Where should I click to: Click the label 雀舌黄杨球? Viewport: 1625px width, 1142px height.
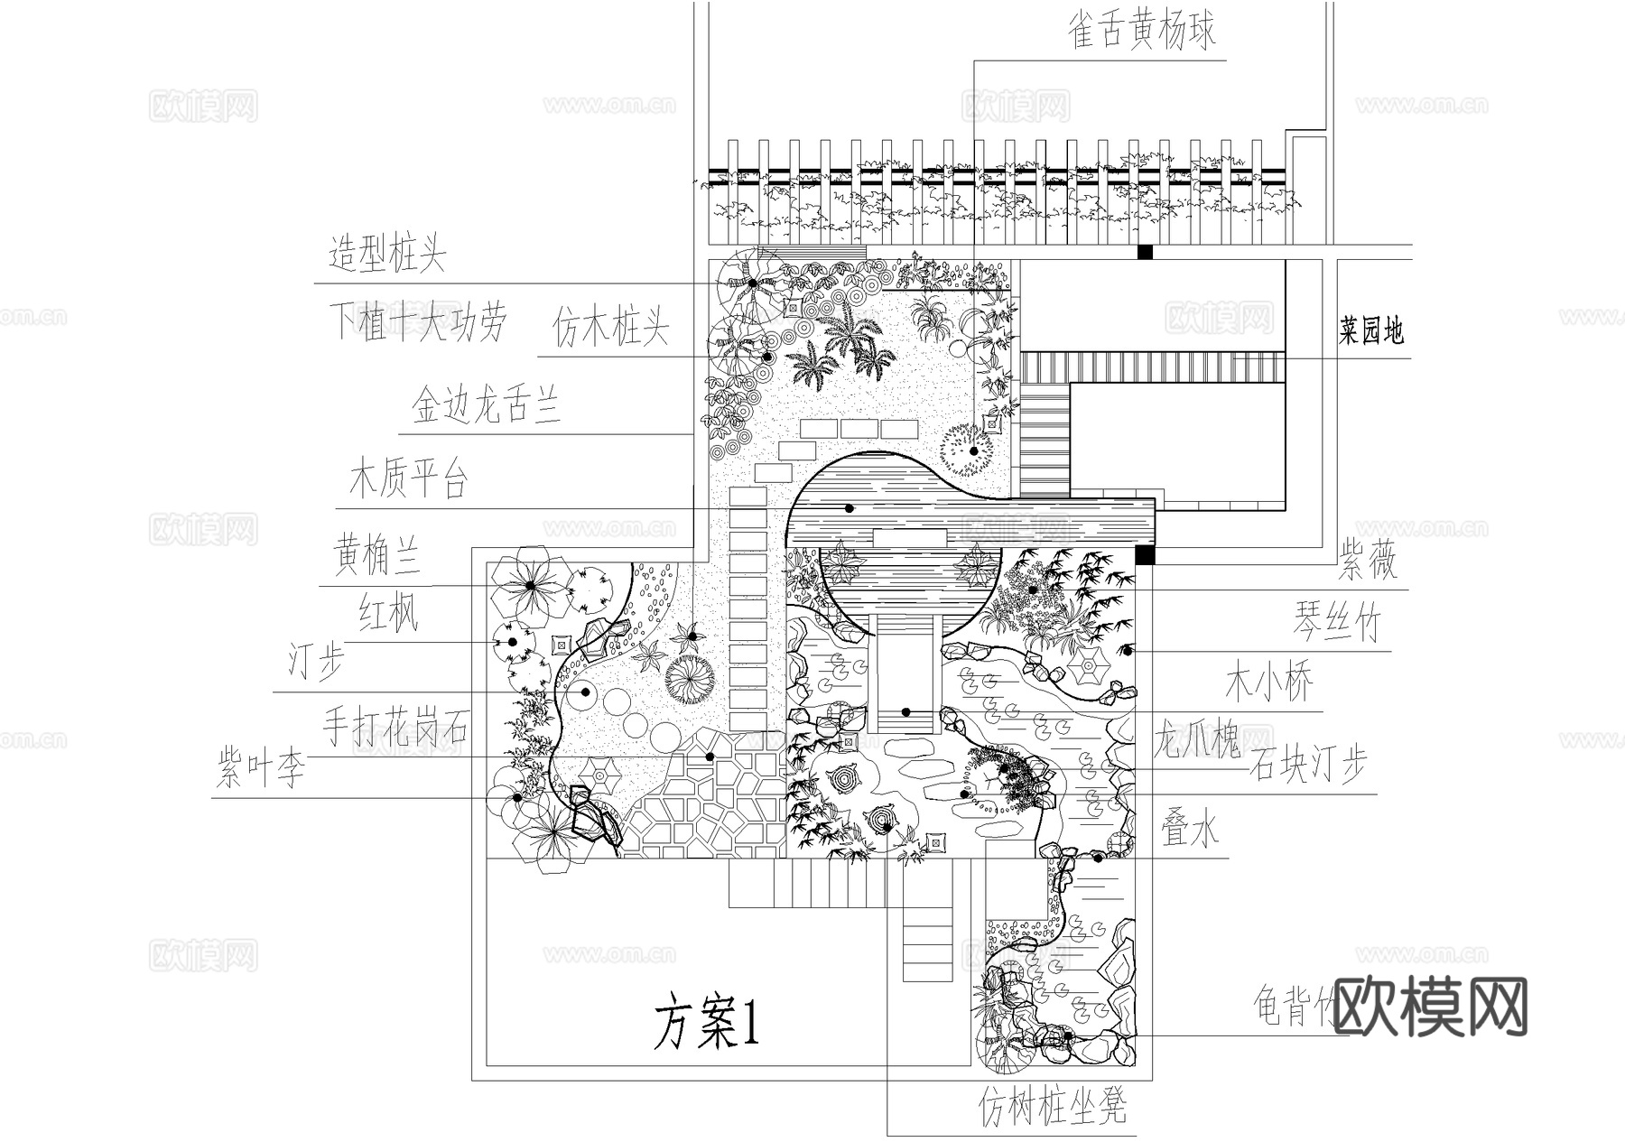(1142, 30)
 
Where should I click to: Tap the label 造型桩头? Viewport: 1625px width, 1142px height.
(387, 255)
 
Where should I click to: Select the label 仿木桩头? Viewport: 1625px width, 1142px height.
(610, 327)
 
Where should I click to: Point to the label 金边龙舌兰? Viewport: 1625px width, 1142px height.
(486, 404)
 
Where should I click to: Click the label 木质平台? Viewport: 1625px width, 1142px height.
(408, 478)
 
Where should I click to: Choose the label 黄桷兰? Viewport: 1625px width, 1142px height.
(377, 553)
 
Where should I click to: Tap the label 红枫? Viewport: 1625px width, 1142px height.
(389, 614)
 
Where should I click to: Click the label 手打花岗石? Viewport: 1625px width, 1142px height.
(396, 727)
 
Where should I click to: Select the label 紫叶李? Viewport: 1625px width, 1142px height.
(261, 769)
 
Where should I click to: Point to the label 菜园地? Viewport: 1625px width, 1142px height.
(1370, 331)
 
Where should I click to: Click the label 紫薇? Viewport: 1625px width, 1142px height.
(1367, 562)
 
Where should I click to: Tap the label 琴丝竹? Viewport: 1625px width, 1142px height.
(1337, 623)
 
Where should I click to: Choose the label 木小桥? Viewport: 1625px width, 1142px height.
(1269, 683)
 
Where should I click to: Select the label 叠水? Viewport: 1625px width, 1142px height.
(1189, 828)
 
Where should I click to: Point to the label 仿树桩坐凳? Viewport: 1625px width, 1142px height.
(1053, 1106)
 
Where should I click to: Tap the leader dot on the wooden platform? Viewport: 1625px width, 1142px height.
(850, 508)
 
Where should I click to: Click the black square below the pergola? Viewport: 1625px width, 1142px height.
(1145, 253)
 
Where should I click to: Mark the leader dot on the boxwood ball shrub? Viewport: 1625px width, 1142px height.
(974, 450)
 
